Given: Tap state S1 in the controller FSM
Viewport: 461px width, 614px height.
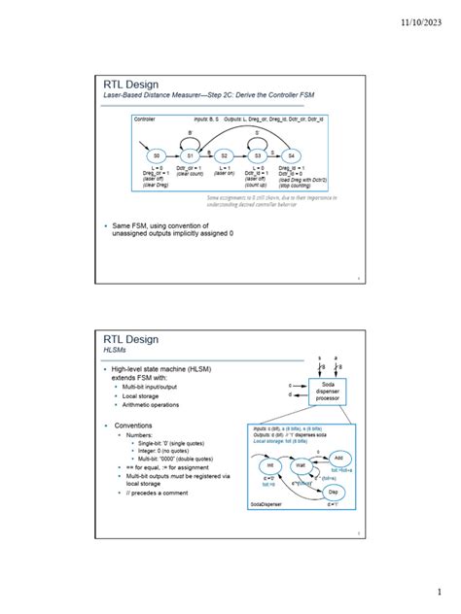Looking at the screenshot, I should [191, 155].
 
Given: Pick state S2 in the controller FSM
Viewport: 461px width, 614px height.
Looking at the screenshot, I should [224, 155].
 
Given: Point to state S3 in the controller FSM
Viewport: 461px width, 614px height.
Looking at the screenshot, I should [258, 155].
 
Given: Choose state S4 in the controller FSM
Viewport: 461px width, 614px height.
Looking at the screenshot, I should [291, 155].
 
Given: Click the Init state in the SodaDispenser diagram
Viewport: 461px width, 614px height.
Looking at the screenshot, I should [269, 465].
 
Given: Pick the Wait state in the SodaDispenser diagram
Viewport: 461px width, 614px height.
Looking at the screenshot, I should [301, 465].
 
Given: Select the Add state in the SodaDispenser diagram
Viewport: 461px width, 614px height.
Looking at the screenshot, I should [337, 457].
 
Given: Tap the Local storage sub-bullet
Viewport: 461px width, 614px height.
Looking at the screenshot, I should [140, 396].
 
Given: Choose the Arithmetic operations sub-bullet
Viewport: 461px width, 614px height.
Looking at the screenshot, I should [150, 405].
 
